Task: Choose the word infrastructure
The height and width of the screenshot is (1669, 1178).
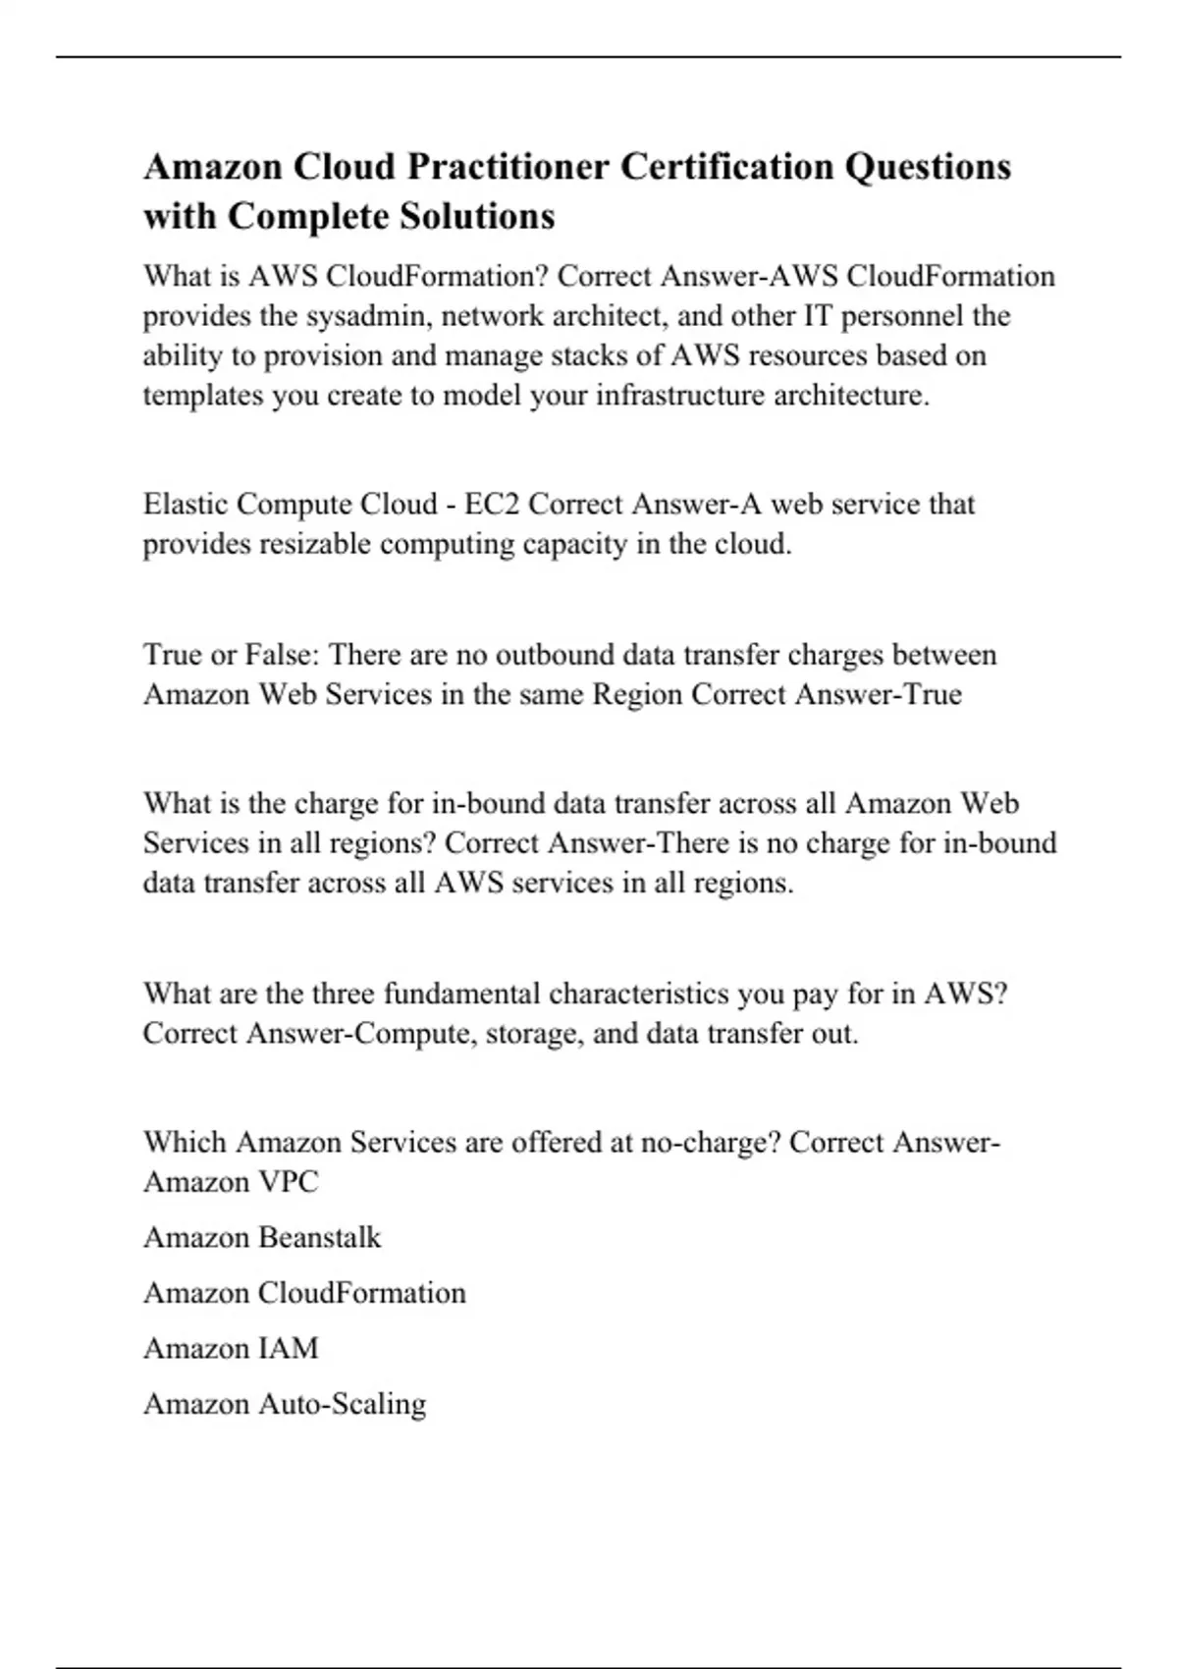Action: pyautogui.click(x=680, y=396)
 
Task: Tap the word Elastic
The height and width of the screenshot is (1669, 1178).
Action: pyautogui.click(x=186, y=504)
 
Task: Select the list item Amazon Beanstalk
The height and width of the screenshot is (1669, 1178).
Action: pyautogui.click(x=262, y=1237)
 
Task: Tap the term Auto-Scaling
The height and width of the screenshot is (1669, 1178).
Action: pyautogui.click(x=342, y=1404)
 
